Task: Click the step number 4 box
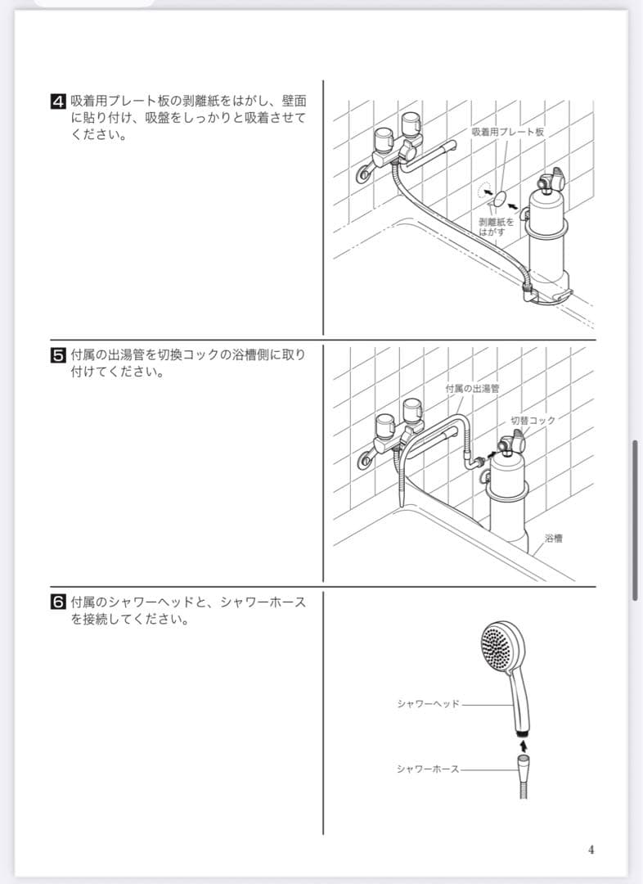59,102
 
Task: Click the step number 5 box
59,356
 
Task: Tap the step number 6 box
59,602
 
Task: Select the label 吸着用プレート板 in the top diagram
508,132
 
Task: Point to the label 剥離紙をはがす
496,227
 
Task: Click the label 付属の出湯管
472,389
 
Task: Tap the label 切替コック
533,420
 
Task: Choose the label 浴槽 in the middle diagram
553,538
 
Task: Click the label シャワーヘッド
429,704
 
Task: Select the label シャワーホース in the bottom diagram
428,769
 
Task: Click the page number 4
591,850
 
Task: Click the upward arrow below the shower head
524,746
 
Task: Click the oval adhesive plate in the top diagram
499,199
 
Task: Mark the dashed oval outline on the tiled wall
483,191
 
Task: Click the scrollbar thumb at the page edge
635,520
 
